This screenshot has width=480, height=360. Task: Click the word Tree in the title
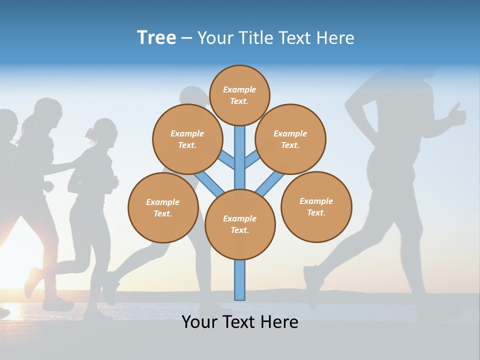click(x=156, y=37)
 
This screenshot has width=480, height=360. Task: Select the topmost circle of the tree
click(x=239, y=95)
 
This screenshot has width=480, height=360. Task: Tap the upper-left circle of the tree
click(x=187, y=139)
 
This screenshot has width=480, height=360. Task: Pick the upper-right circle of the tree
click(x=290, y=139)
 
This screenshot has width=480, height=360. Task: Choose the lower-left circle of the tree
click(x=163, y=207)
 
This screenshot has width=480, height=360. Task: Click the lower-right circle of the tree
click(x=316, y=206)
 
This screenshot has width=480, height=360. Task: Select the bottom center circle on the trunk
click(x=240, y=224)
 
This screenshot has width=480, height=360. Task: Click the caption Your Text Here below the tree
click(x=240, y=321)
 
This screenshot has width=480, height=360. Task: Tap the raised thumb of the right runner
click(x=456, y=113)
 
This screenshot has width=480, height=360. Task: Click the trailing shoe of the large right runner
click(x=313, y=285)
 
